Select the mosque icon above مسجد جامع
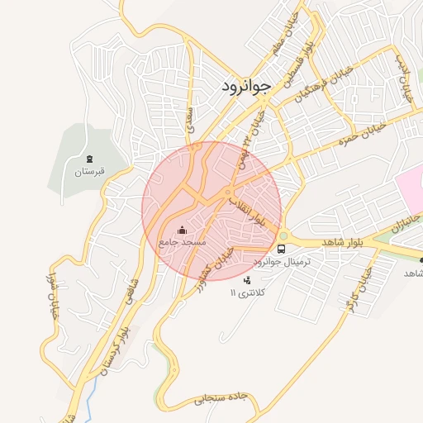coord(183,230)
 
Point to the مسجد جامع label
coord(183,243)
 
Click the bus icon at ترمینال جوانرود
coord(282,248)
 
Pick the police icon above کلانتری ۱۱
coord(246,281)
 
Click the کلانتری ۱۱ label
coord(246,293)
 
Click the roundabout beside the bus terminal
coord(283,234)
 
